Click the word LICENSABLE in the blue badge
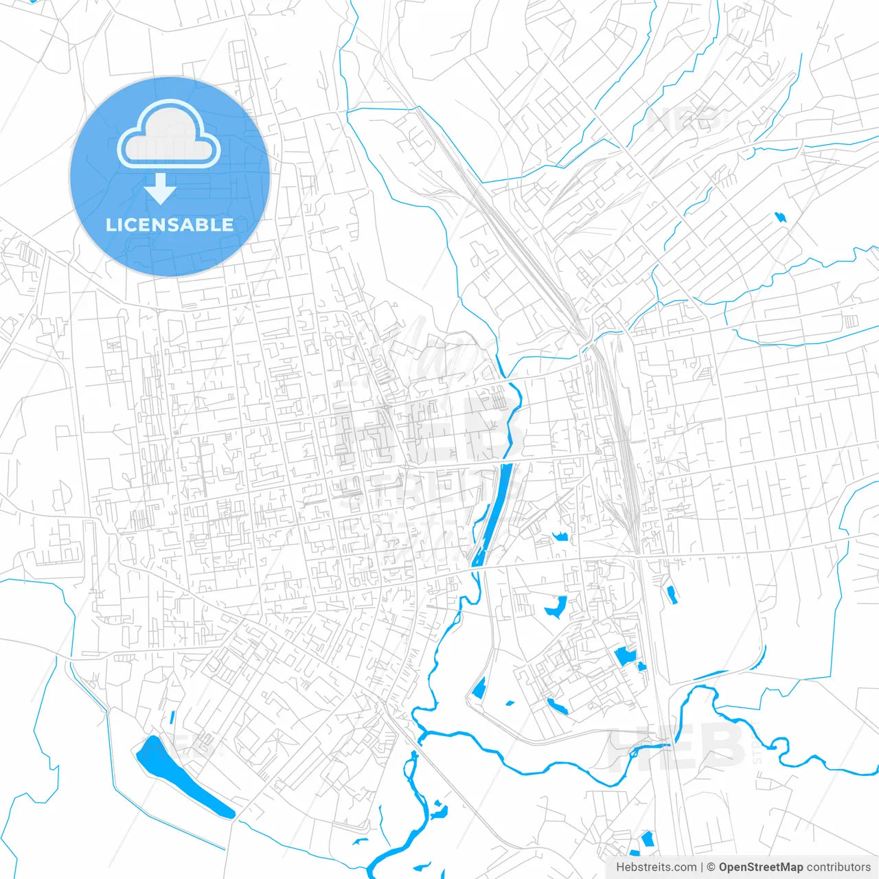(170, 225)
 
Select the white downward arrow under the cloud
(161, 189)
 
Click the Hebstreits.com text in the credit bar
(656, 867)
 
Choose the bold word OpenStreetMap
(760, 867)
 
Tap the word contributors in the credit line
(838, 867)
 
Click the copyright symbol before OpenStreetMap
(711, 867)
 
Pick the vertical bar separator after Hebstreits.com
(701, 867)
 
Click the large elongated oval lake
(182, 776)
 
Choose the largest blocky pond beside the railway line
(625, 656)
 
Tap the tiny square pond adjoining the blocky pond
(641, 665)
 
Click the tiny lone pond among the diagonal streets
(779, 218)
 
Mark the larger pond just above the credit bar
(646, 839)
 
